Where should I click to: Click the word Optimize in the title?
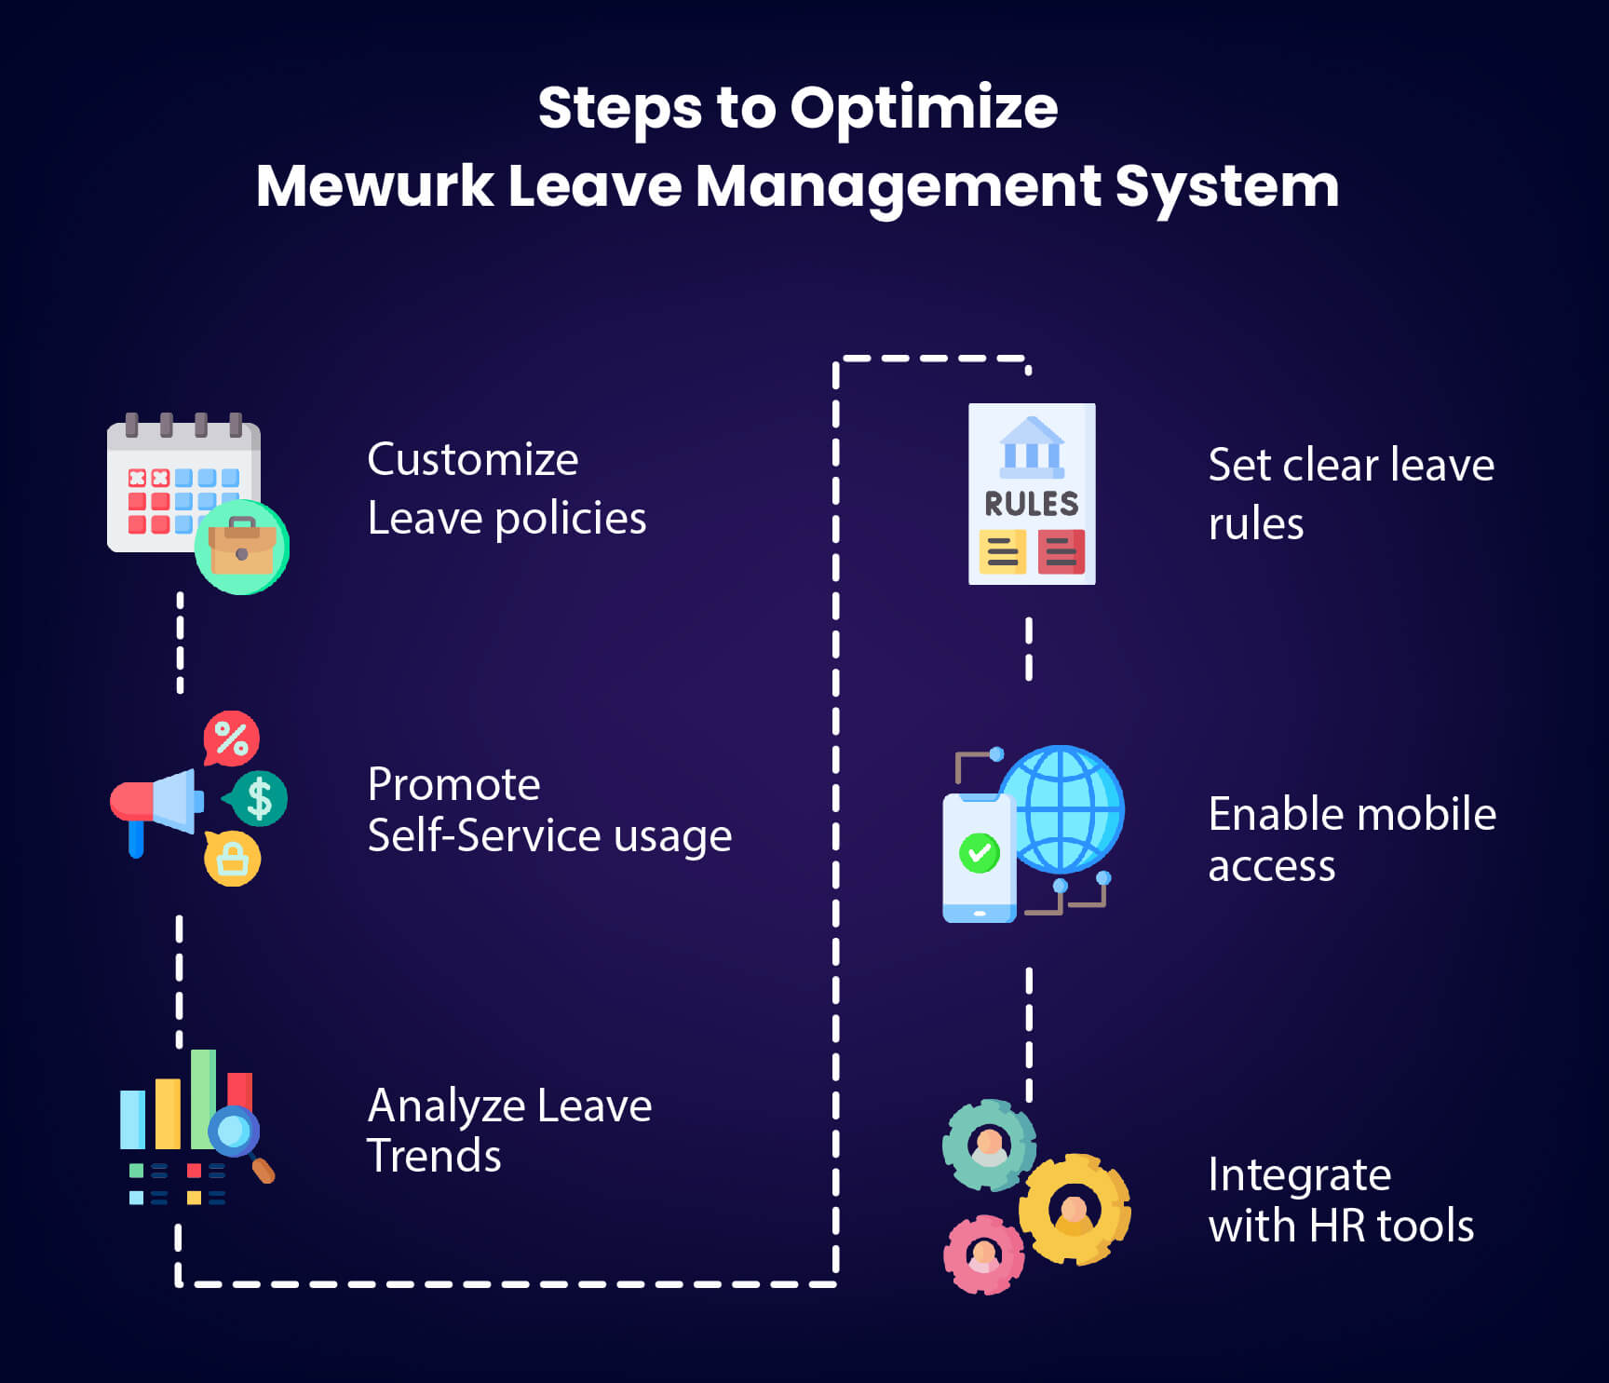click(x=924, y=109)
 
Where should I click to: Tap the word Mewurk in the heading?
click(x=374, y=185)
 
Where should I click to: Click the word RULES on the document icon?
click(x=1032, y=504)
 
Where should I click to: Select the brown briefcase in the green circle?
click(x=241, y=548)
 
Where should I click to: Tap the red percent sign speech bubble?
click(x=231, y=739)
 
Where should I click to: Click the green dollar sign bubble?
click(x=258, y=798)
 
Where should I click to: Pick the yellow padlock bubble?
click(x=232, y=859)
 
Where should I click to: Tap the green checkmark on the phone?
click(x=979, y=852)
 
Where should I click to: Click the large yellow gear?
click(x=1075, y=1209)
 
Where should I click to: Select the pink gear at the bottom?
click(x=983, y=1254)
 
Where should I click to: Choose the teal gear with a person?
click(x=989, y=1145)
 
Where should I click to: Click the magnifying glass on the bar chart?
click(x=236, y=1134)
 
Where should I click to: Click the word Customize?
click(x=472, y=459)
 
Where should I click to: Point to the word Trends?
click(x=434, y=1156)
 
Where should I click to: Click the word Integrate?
click(x=1299, y=1175)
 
